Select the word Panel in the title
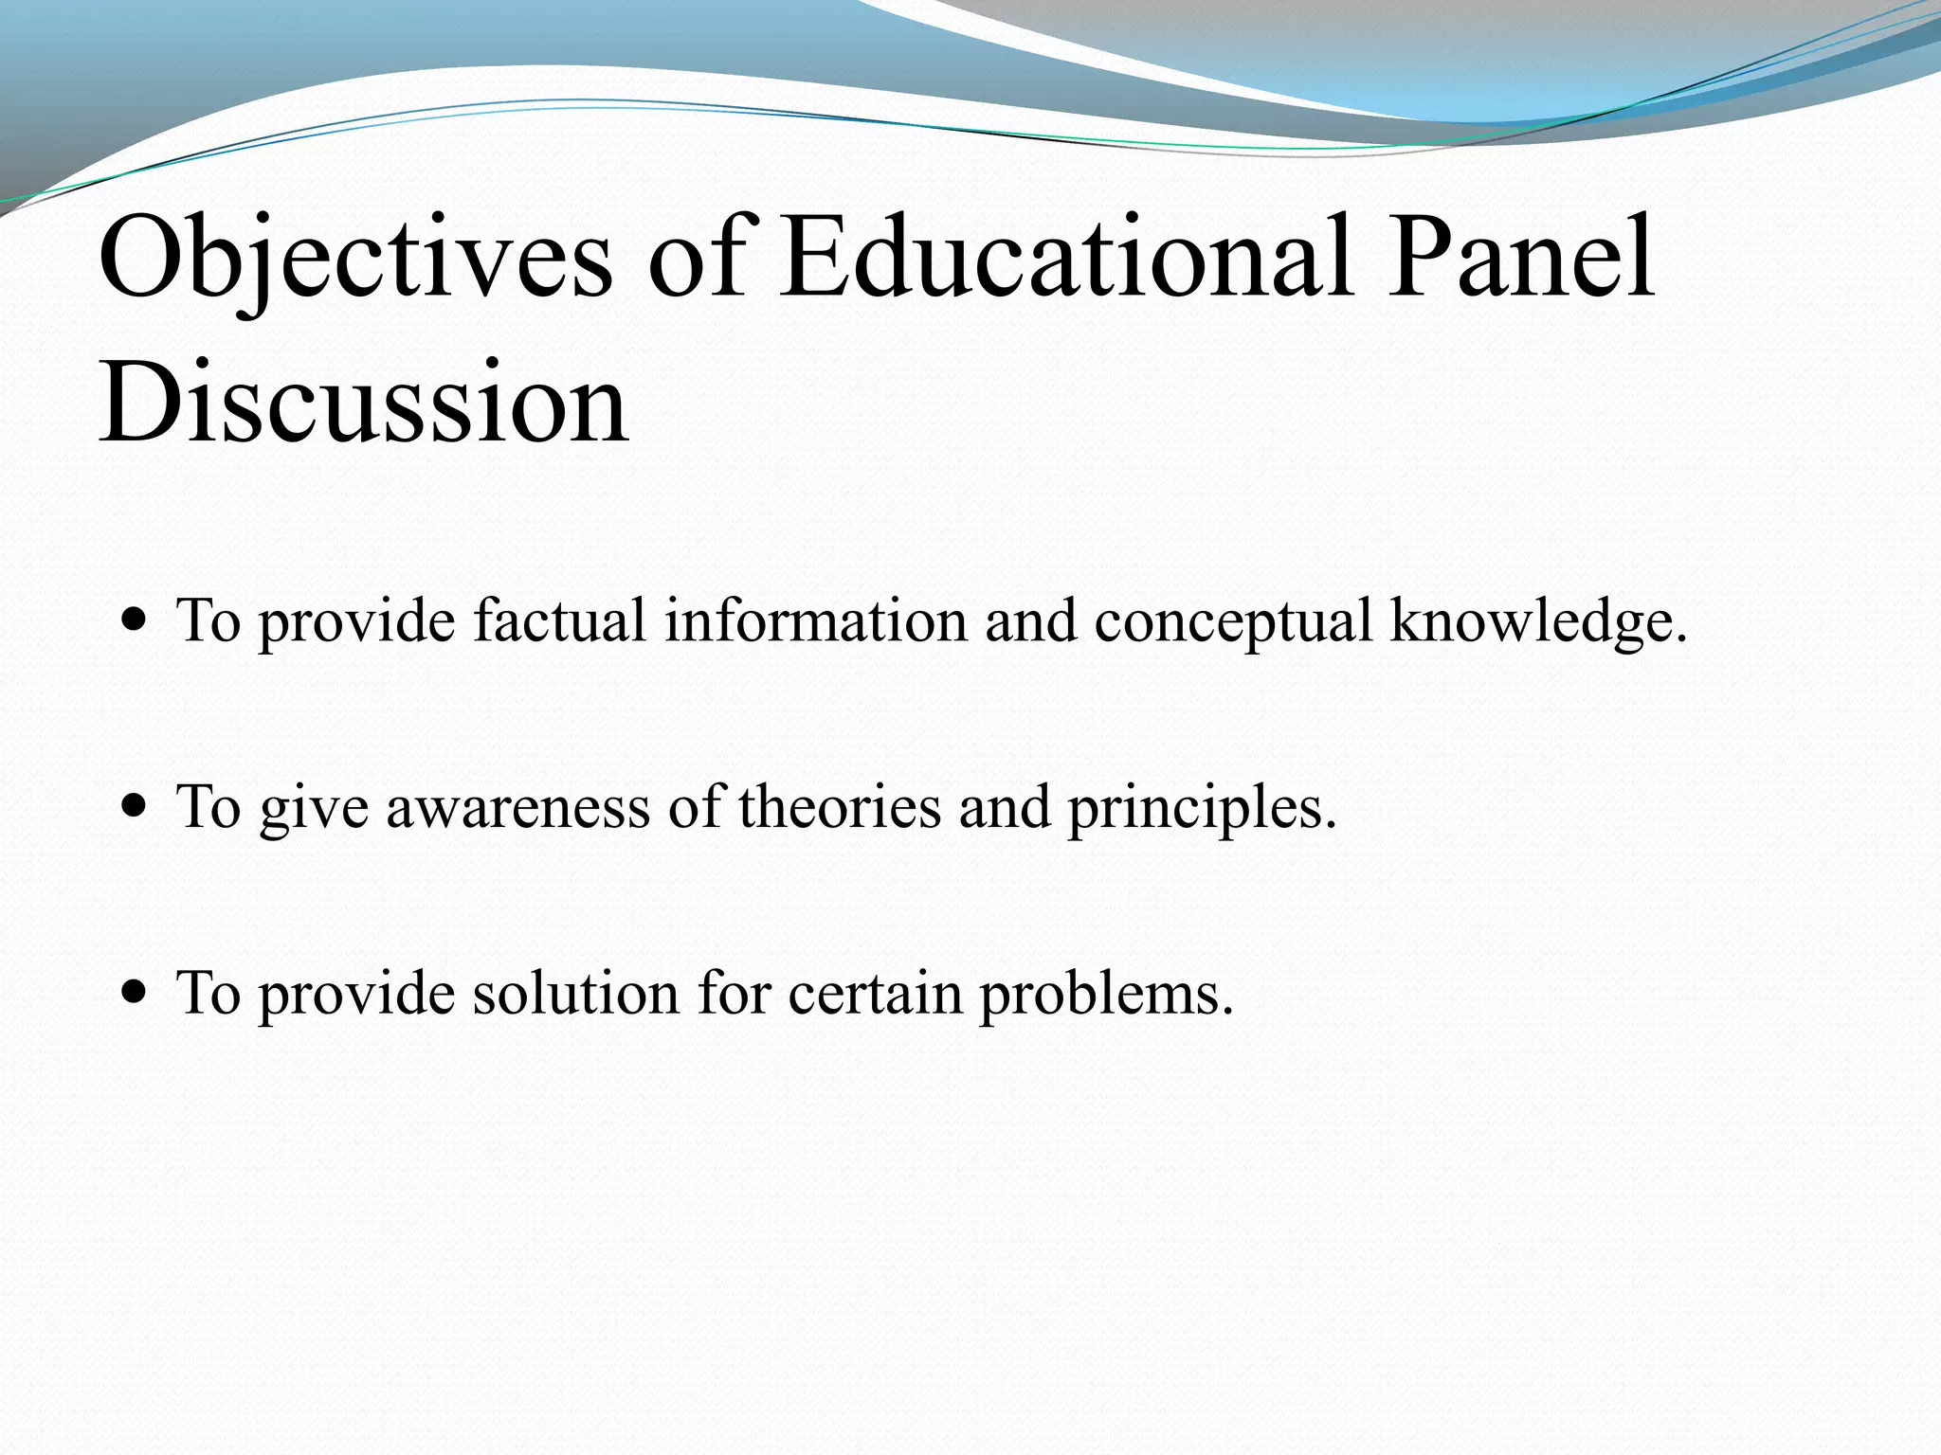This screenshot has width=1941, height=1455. [1521, 258]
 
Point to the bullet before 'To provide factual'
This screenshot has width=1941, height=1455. [136, 622]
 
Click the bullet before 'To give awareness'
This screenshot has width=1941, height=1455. [136, 808]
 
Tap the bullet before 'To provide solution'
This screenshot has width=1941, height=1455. [136, 994]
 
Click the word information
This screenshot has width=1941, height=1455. [816, 620]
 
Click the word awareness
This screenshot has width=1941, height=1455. [517, 807]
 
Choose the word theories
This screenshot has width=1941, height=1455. [840, 807]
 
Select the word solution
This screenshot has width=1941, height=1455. [576, 993]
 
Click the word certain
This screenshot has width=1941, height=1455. [875, 993]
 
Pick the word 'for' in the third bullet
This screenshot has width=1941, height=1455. [734, 993]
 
